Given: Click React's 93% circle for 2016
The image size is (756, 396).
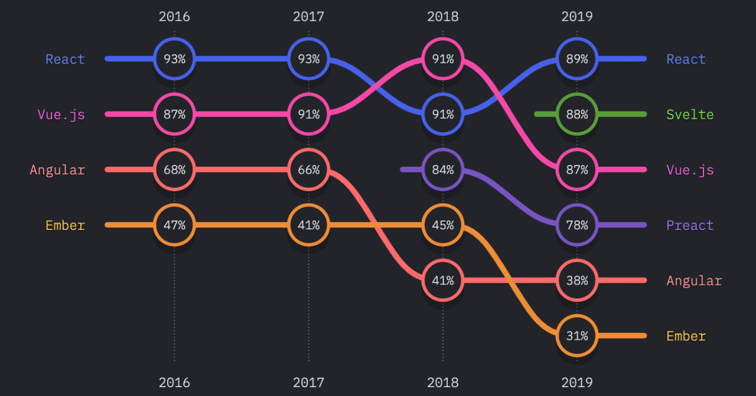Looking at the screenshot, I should point(174,59).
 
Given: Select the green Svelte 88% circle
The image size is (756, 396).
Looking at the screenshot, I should point(577,114).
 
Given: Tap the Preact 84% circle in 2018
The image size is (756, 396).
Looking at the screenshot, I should point(443,170).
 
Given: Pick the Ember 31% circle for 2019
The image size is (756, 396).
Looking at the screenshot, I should point(577,336).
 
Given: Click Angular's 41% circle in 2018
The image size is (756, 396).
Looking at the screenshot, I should point(443,280).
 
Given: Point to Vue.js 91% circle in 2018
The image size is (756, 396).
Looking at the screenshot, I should point(443,59).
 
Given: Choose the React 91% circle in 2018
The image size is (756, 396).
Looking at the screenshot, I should point(443,114).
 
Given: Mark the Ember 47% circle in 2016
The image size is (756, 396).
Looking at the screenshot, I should point(174,225).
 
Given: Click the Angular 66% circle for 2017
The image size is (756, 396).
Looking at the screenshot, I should point(308,170).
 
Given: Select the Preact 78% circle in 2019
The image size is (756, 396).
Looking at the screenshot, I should point(577,225).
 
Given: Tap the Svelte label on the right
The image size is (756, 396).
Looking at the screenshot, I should point(690,115).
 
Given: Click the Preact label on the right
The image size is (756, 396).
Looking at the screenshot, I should point(690,225).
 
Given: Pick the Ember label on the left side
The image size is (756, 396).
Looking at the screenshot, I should point(65,225).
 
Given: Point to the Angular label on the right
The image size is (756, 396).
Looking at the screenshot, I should point(694,281).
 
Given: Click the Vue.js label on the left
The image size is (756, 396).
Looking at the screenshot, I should point(61,115).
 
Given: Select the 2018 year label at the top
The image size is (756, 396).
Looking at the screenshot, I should point(443,17).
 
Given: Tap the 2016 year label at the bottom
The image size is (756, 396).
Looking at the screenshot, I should point(174,382).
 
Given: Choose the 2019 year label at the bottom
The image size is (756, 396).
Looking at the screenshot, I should point(577,382).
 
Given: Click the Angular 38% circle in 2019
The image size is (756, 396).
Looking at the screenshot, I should point(577,280).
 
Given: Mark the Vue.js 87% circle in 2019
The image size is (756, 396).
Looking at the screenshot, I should point(577,170).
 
